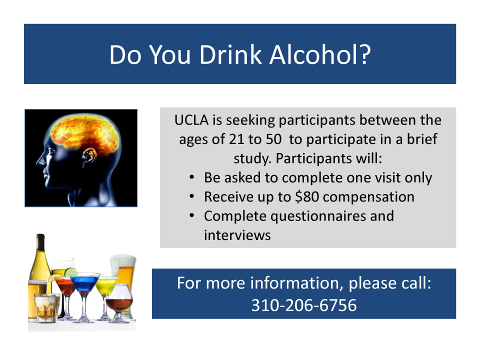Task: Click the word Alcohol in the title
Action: click(320, 55)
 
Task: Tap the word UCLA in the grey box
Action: click(191, 120)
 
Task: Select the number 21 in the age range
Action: click(236, 139)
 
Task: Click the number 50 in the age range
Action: click(273, 139)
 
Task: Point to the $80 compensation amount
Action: click(306, 197)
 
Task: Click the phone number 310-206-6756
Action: click(304, 305)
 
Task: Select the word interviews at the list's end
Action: click(237, 235)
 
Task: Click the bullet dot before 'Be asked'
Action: click(192, 177)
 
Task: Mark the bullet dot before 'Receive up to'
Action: click(192, 196)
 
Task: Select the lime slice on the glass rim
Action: click(70, 272)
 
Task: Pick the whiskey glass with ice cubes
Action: click(47, 307)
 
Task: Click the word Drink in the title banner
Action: click(230, 55)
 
